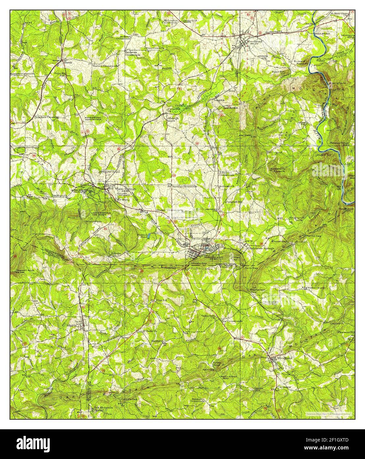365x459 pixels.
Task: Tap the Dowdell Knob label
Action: pyautogui.click(x=25, y=270)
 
